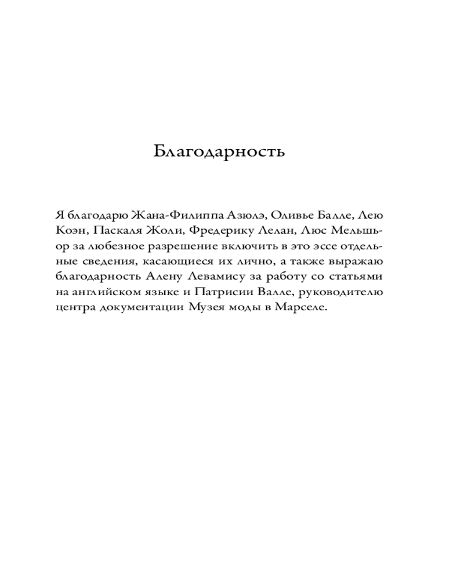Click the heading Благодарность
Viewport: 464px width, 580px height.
point(219,151)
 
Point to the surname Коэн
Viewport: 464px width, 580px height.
point(68,230)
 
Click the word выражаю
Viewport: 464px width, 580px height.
point(357,262)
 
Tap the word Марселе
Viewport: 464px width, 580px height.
point(303,309)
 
